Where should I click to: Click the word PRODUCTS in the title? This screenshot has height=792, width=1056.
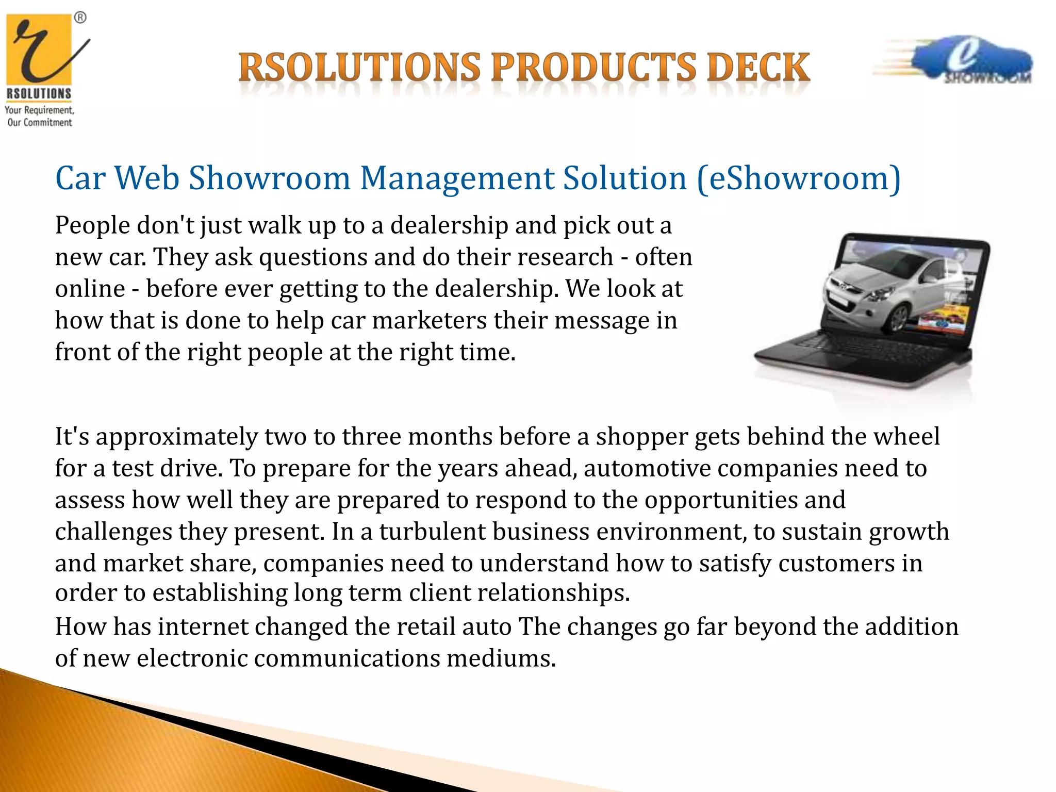[593, 68]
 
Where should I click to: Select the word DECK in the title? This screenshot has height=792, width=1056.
[758, 68]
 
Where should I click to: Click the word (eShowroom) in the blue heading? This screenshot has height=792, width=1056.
[798, 178]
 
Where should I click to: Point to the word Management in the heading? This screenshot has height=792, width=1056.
[456, 178]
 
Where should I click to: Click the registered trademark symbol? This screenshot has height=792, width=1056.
[80, 18]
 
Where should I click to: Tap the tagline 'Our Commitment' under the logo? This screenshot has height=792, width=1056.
[40, 123]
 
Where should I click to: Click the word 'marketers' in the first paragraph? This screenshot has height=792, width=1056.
[429, 321]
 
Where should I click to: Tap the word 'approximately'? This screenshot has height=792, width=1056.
[176, 437]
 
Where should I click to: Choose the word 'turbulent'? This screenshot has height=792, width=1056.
[432, 532]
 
